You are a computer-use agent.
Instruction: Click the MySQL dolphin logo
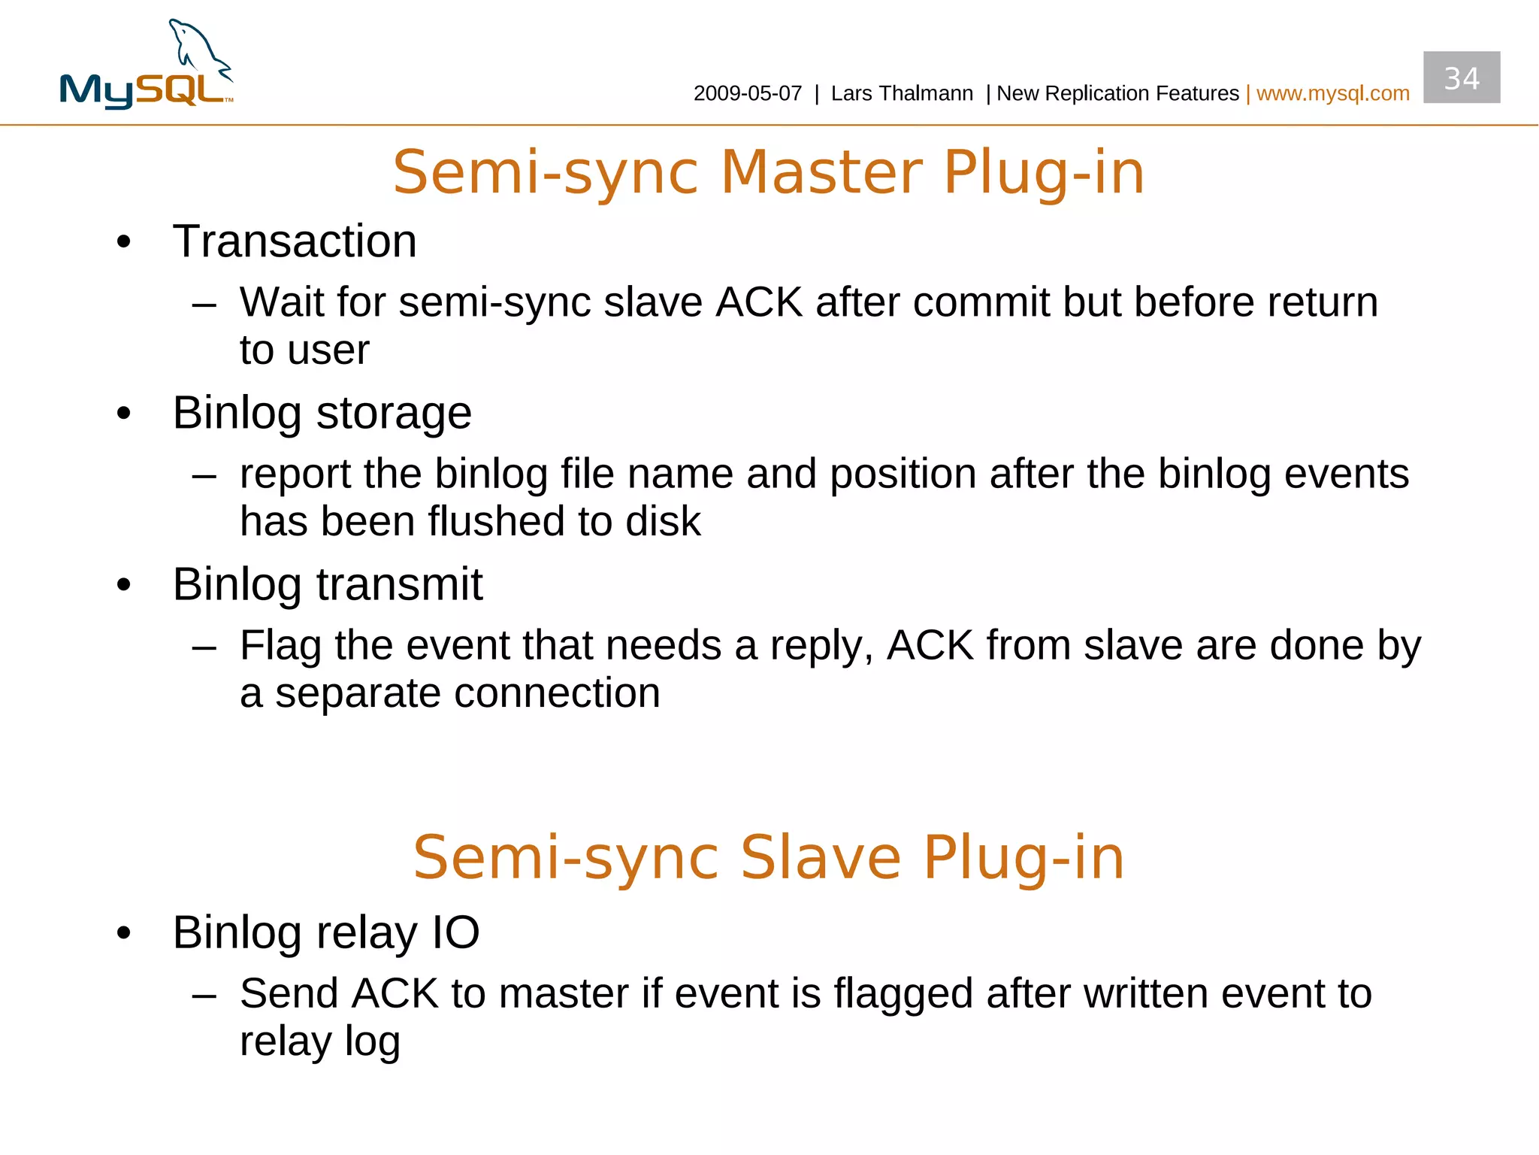[x=147, y=65]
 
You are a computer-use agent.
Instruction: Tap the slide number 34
[x=1461, y=78]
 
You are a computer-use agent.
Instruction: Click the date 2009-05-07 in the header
[x=747, y=93]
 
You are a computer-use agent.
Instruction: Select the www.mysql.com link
[x=1332, y=93]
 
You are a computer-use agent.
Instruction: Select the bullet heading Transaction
[x=295, y=241]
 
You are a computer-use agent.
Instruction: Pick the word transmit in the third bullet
[x=399, y=584]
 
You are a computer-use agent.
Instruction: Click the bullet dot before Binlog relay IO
[x=124, y=933]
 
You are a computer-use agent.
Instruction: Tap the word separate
[x=357, y=693]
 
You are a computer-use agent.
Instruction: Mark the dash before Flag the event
[x=204, y=646]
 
